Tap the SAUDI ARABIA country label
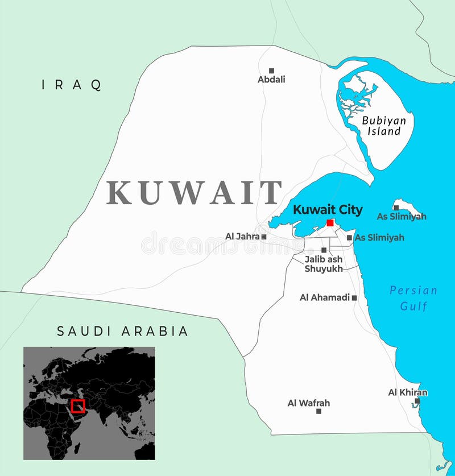[x=122, y=331]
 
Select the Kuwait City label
[x=328, y=210]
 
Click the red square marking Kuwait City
[x=330, y=223]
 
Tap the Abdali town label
[x=271, y=80]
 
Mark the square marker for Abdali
[x=271, y=70]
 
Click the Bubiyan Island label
[x=384, y=126]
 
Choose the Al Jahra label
[x=242, y=236]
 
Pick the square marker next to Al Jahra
[x=264, y=237]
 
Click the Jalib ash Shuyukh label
[x=324, y=264]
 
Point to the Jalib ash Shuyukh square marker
[x=324, y=250]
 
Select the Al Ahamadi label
[x=324, y=297]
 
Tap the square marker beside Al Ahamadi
[x=354, y=297]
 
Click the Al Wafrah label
[x=308, y=403]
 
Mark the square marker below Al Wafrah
[x=318, y=411]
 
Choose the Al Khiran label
[x=408, y=392]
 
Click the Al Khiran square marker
[x=417, y=401]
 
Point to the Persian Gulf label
[x=413, y=298]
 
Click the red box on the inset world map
[x=78, y=406]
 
